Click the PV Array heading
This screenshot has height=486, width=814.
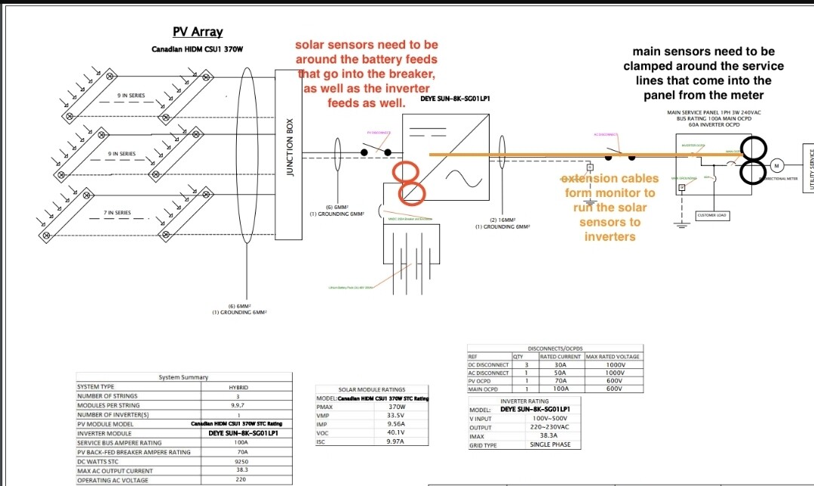coord(198,32)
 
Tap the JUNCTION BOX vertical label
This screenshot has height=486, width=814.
coord(290,147)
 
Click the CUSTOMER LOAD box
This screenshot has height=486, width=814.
coord(711,215)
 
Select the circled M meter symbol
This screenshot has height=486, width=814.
coord(776,165)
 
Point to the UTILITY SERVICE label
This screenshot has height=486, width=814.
coord(809,168)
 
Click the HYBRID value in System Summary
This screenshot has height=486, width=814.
coord(238,386)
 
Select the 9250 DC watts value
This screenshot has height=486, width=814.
coord(241,460)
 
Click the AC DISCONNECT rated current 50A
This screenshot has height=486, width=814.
coord(561,373)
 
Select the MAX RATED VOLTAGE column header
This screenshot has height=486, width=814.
coord(612,356)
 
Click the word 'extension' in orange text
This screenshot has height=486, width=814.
coord(588,179)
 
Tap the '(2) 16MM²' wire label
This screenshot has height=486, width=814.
coord(502,220)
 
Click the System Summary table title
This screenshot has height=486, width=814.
coord(184,377)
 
